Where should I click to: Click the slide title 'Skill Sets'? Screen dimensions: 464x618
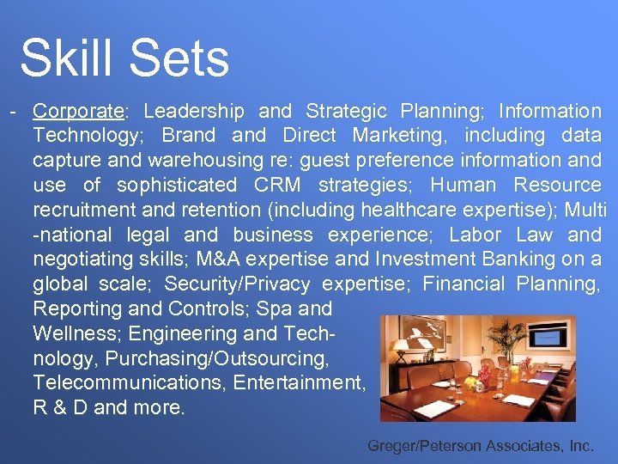point(124,58)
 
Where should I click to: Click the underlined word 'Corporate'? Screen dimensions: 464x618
point(78,111)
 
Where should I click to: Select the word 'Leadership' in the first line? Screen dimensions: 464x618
point(194,111)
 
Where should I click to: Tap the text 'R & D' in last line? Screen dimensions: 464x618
point(60,407)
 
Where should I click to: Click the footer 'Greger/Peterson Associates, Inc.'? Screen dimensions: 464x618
point(480,446)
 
